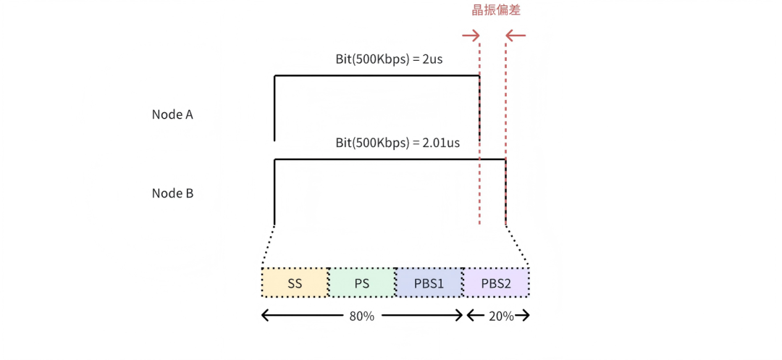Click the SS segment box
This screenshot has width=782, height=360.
[x=295, y=282]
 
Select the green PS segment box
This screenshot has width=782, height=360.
[x=362, y=282]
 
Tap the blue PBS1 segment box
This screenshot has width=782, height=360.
[x=429, y=282]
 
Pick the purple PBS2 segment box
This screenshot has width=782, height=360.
[x=496, y=282]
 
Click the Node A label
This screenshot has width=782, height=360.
[x=172, y=114]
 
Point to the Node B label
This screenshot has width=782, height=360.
[x=172, y=193]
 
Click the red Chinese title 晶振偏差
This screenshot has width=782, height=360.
[x=496, y=10]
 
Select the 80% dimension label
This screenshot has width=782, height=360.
[x=362, y=316]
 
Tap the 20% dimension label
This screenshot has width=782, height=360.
[x=501, y=316]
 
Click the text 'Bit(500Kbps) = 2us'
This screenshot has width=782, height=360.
[x=389, y=59]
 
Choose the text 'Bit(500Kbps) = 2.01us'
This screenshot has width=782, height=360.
[x=398, y=143]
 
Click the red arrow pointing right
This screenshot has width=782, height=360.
[x=471, y=35]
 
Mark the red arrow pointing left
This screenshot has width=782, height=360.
[x=516, y=35]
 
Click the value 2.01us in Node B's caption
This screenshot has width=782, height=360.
[x=440, y=143]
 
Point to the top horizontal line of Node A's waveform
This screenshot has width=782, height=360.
[x=377, y=76]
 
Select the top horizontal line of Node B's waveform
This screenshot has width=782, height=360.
[x=390, y=159]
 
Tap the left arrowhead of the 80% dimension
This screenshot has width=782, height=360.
[x=266, y=316]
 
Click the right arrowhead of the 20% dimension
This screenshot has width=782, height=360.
[x=525, y=316]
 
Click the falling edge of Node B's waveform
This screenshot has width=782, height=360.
[x=505, y=192]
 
